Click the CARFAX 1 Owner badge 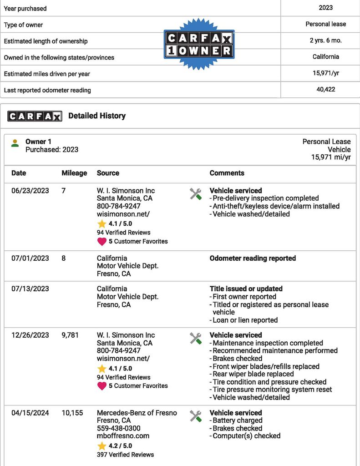(x=199, y=44)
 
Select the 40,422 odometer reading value (x=326, y=89)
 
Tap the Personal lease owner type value (x=326, y=24)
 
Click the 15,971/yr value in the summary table (x=326, y=73)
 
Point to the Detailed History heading (x=96, y=116)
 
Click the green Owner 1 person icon (x=15, y=143)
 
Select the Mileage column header (x=74, y=173)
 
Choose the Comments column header (x=227, y=173)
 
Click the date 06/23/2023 (x=30, y=191)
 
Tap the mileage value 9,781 (x=70, y=335)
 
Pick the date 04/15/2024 (x=30, y=413)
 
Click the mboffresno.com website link (x=123, y=436)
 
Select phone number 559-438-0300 (x=118, y=428)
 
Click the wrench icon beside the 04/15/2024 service (x=196, y=415)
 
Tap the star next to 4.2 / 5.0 (x=101, y=446)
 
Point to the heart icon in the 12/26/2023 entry (x=101, y=386)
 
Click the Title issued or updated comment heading (x=246, y=289)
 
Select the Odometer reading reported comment (x=253, y=258)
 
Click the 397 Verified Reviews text (x=125, y=454)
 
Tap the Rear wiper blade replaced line (x=253, y=374)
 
